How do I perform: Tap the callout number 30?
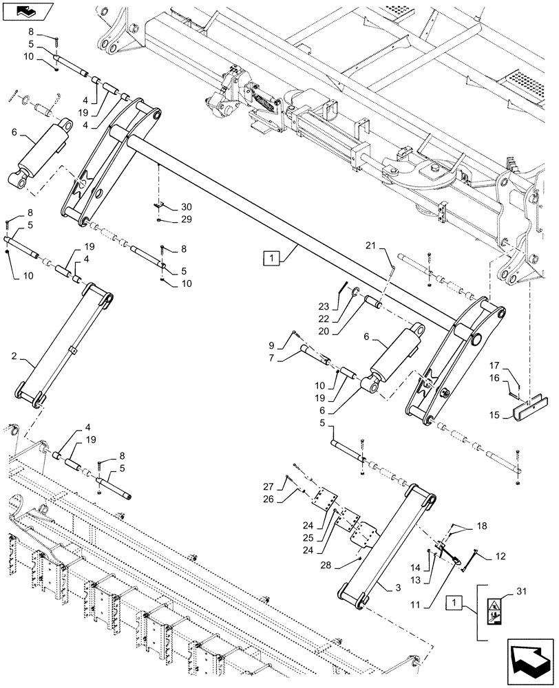[x=169, y=207]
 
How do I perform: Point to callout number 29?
[x=169, y=219]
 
